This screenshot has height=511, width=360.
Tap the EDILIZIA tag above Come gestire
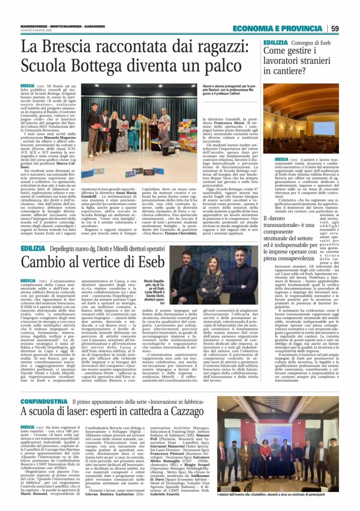pyautogui.click(x=276, y=43)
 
